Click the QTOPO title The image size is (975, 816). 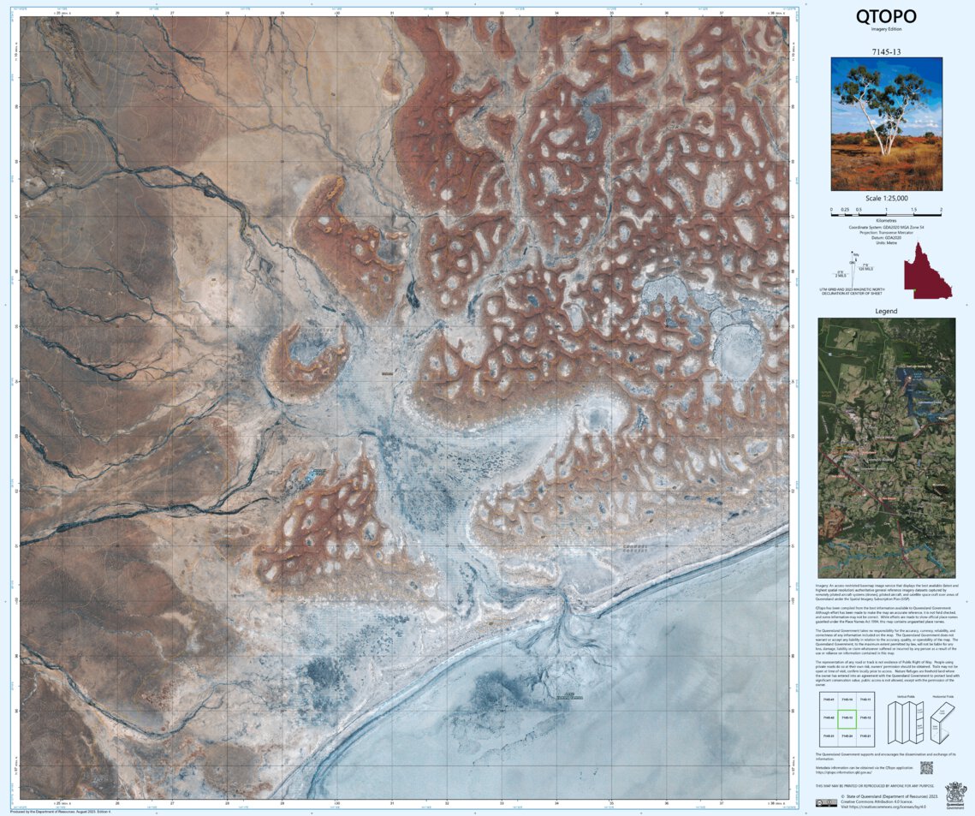pos(886,16)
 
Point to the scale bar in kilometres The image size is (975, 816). pos(886,209)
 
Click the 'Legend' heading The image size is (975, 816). pos(886,311)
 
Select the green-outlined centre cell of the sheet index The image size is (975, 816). pos(848,718)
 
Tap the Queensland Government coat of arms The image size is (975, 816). pos(954,792)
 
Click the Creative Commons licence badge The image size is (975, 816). pos(826,802)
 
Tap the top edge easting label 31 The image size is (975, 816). pos(392,13)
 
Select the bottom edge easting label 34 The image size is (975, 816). pos(556,804)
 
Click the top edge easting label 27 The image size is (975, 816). pos(172,13)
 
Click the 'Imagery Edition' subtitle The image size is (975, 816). pos(886,29)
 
